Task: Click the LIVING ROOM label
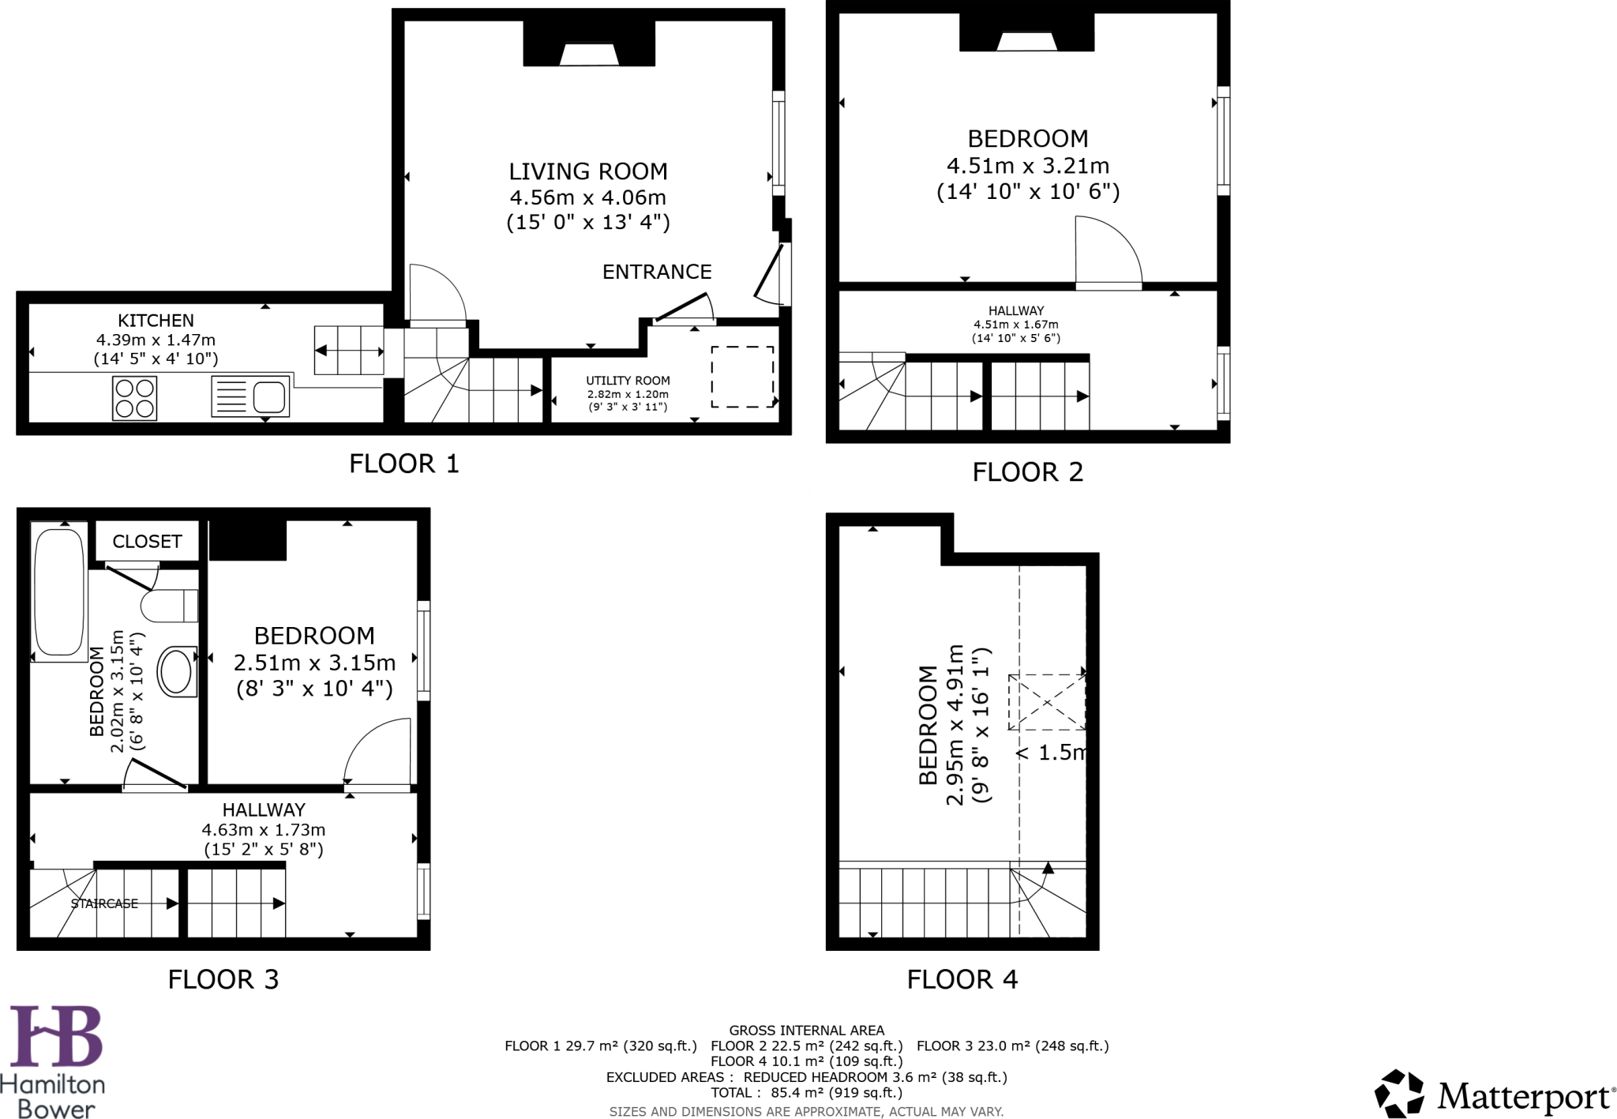(587, 171)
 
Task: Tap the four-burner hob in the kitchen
(134, 398)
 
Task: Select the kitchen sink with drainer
(250, 396)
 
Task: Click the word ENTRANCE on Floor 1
(657, 272)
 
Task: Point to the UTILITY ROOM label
(628, 381)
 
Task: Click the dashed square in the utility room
(742, 377)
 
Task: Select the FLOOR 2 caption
(1027, 472)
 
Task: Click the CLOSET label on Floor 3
(147, 542)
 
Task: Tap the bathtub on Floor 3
(59, 591)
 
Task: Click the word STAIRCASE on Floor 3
(104, 903)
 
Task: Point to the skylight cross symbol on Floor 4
(1046, 702)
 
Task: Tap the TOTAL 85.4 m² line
(806, 1093)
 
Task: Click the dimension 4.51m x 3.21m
(1027, 166)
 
